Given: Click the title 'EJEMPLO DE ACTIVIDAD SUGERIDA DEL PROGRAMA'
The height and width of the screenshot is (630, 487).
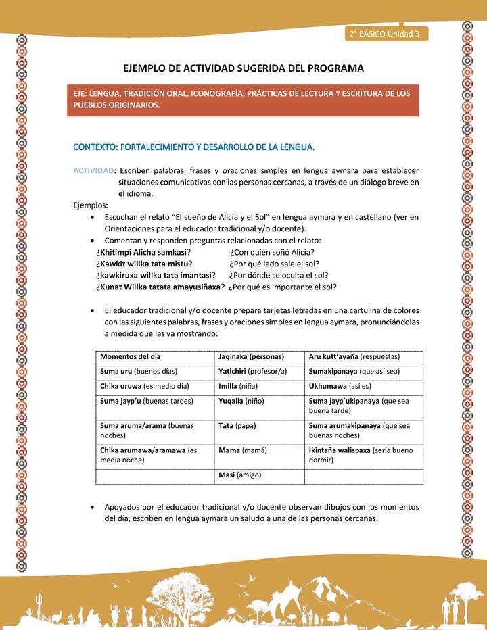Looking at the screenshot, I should [243, 68].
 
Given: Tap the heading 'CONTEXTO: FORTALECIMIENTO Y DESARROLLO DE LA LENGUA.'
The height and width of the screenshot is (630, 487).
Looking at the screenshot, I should [194, 146].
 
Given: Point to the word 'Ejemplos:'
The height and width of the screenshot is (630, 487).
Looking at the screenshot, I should [91, 205].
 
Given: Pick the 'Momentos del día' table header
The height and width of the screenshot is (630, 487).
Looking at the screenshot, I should [131, 356].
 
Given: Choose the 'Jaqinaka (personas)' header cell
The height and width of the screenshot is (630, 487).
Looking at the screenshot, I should [251, 356].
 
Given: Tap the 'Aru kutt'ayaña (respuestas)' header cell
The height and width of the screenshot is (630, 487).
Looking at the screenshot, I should [354, 356].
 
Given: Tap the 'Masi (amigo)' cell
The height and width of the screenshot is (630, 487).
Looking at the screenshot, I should [240, 475].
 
